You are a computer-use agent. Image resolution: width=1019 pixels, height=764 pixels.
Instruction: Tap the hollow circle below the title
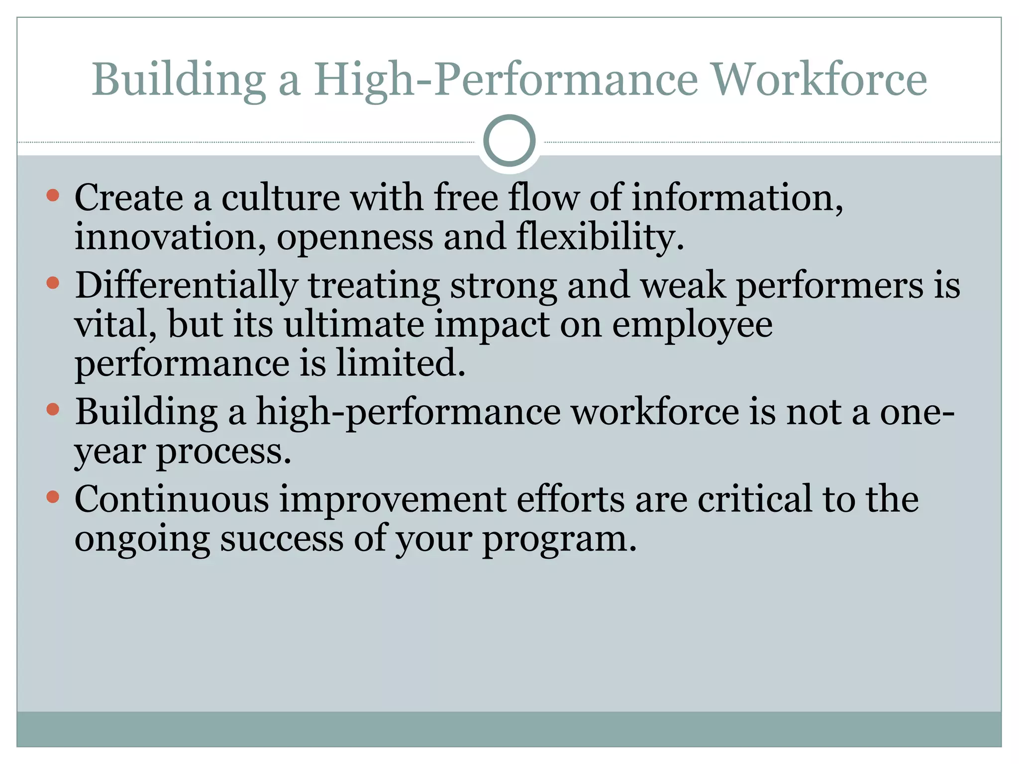[x=509, y=140]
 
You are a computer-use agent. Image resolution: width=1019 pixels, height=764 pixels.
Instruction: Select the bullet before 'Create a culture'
[x=53, y=195]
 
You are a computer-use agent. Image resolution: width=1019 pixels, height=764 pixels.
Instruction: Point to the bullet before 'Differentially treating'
[x=53, y=283]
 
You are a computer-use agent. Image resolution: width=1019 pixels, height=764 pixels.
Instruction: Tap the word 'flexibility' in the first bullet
[x=600, y=237]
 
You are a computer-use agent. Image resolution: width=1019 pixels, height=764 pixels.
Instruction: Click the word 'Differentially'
[x=187, y=286]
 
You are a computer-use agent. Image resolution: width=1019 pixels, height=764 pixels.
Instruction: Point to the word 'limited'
[x=401, y=363]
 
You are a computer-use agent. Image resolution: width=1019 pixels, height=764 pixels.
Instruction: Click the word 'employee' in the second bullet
[x=692, y=326]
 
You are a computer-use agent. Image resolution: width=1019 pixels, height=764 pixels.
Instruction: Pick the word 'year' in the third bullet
[x=110, y=453]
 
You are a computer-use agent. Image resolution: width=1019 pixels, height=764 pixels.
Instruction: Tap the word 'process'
[x=223, y=453]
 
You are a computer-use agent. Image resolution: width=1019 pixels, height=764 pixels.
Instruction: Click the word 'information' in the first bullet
[x=737, y=198]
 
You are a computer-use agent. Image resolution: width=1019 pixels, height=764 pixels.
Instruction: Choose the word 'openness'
[x=355, y=238]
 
